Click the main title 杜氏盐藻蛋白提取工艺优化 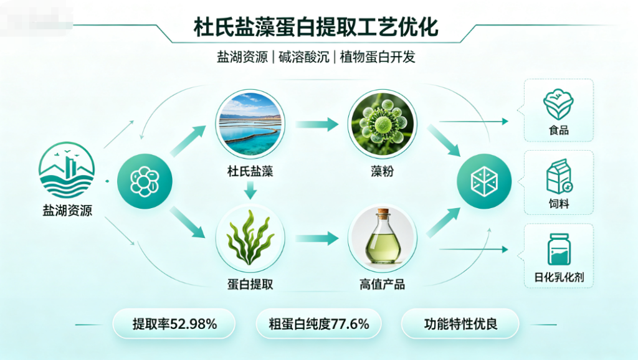click(x=316, y=27)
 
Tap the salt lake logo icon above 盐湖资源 click(x=67, y=170)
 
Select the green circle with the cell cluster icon click(x=145, y=181)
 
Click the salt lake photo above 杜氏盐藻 click(x=250, y=124)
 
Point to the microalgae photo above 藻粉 click(x=383, y=124)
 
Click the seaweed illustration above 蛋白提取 click(x=250, y=238)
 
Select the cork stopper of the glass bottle click(x=383, y=213)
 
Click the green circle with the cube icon click(x=484, y=181)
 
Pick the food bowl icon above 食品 click(x=558, y=105)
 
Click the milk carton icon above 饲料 click(x=559, y=176)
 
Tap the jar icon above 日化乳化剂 click(x=559, y=249)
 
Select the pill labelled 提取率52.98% click(x=174, y=324)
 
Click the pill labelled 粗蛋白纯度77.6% click(x=318, y=324)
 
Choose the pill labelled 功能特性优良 click(x=460, y=324)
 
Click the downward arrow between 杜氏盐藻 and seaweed click(x=250, y=190)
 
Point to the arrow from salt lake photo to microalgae click(x=317, y=124)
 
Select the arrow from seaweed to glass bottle click(x=317, y=239)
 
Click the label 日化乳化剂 click(x=559, y=277)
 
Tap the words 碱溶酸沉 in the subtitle click(x=303, y=57)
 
